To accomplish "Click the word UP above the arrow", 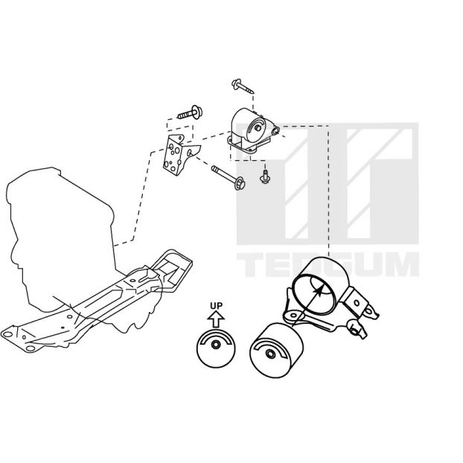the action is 216,306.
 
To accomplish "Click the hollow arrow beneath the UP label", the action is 216,320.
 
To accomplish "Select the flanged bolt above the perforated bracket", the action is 190,112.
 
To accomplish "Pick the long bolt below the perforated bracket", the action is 228,177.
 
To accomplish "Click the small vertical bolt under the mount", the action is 264,176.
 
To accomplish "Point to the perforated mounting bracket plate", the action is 179,154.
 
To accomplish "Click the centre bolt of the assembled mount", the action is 258,128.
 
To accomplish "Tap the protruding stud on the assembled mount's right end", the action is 276,131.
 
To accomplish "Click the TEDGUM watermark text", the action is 328,264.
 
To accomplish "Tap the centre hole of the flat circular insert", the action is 216,345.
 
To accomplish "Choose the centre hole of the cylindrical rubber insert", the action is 269,354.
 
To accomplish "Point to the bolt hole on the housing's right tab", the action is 357,303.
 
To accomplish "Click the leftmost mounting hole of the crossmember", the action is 7,334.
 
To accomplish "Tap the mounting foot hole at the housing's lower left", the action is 293,316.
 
